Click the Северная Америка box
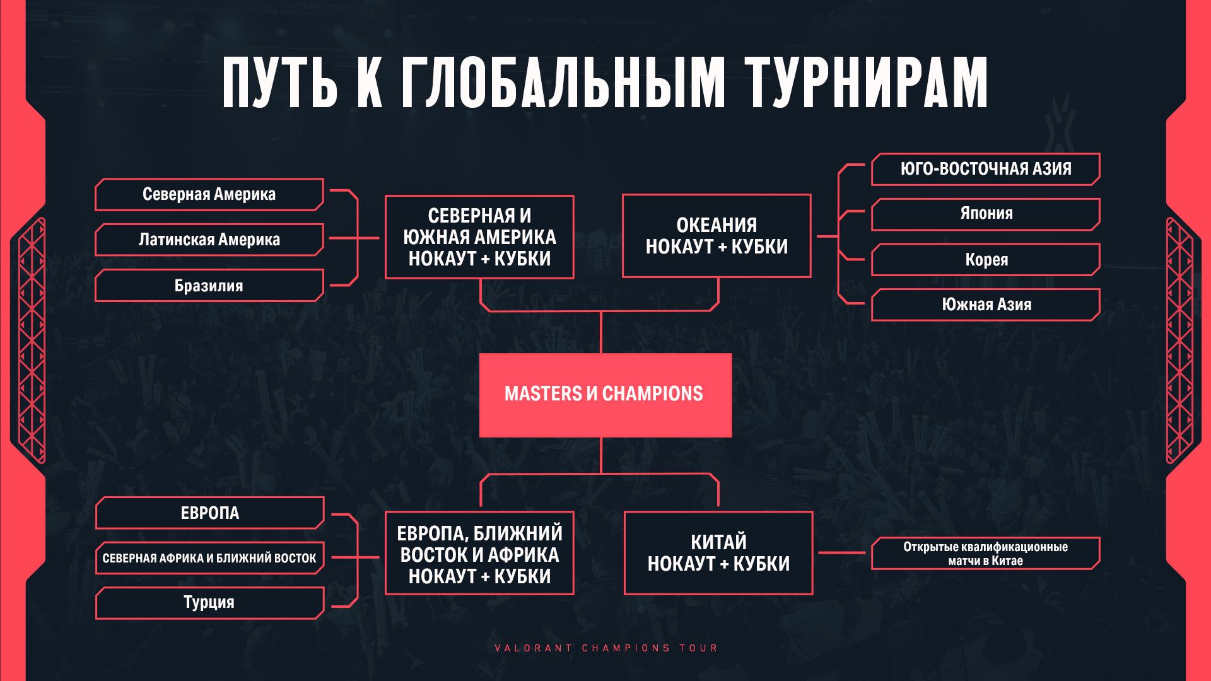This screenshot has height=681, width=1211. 209,194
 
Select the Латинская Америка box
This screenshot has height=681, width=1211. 209,240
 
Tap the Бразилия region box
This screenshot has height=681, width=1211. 209,286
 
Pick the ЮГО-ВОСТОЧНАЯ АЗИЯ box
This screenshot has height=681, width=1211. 986,169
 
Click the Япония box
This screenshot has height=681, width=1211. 986,214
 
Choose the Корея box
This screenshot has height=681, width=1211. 986,260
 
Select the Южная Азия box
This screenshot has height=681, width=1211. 986,305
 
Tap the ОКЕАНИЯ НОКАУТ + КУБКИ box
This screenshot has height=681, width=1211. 717,236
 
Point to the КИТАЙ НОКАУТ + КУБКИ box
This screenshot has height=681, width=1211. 718,553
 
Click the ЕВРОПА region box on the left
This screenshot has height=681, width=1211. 209,513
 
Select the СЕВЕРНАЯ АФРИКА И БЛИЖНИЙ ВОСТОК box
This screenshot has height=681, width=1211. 209,558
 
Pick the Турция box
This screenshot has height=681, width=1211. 209,603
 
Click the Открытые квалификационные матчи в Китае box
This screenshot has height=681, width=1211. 986,554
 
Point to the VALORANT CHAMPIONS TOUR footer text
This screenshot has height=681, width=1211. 606,648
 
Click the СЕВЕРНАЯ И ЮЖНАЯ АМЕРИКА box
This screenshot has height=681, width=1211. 479,237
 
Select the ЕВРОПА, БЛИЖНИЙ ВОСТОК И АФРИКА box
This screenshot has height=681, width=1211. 479,553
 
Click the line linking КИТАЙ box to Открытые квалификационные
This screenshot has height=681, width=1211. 843,553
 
